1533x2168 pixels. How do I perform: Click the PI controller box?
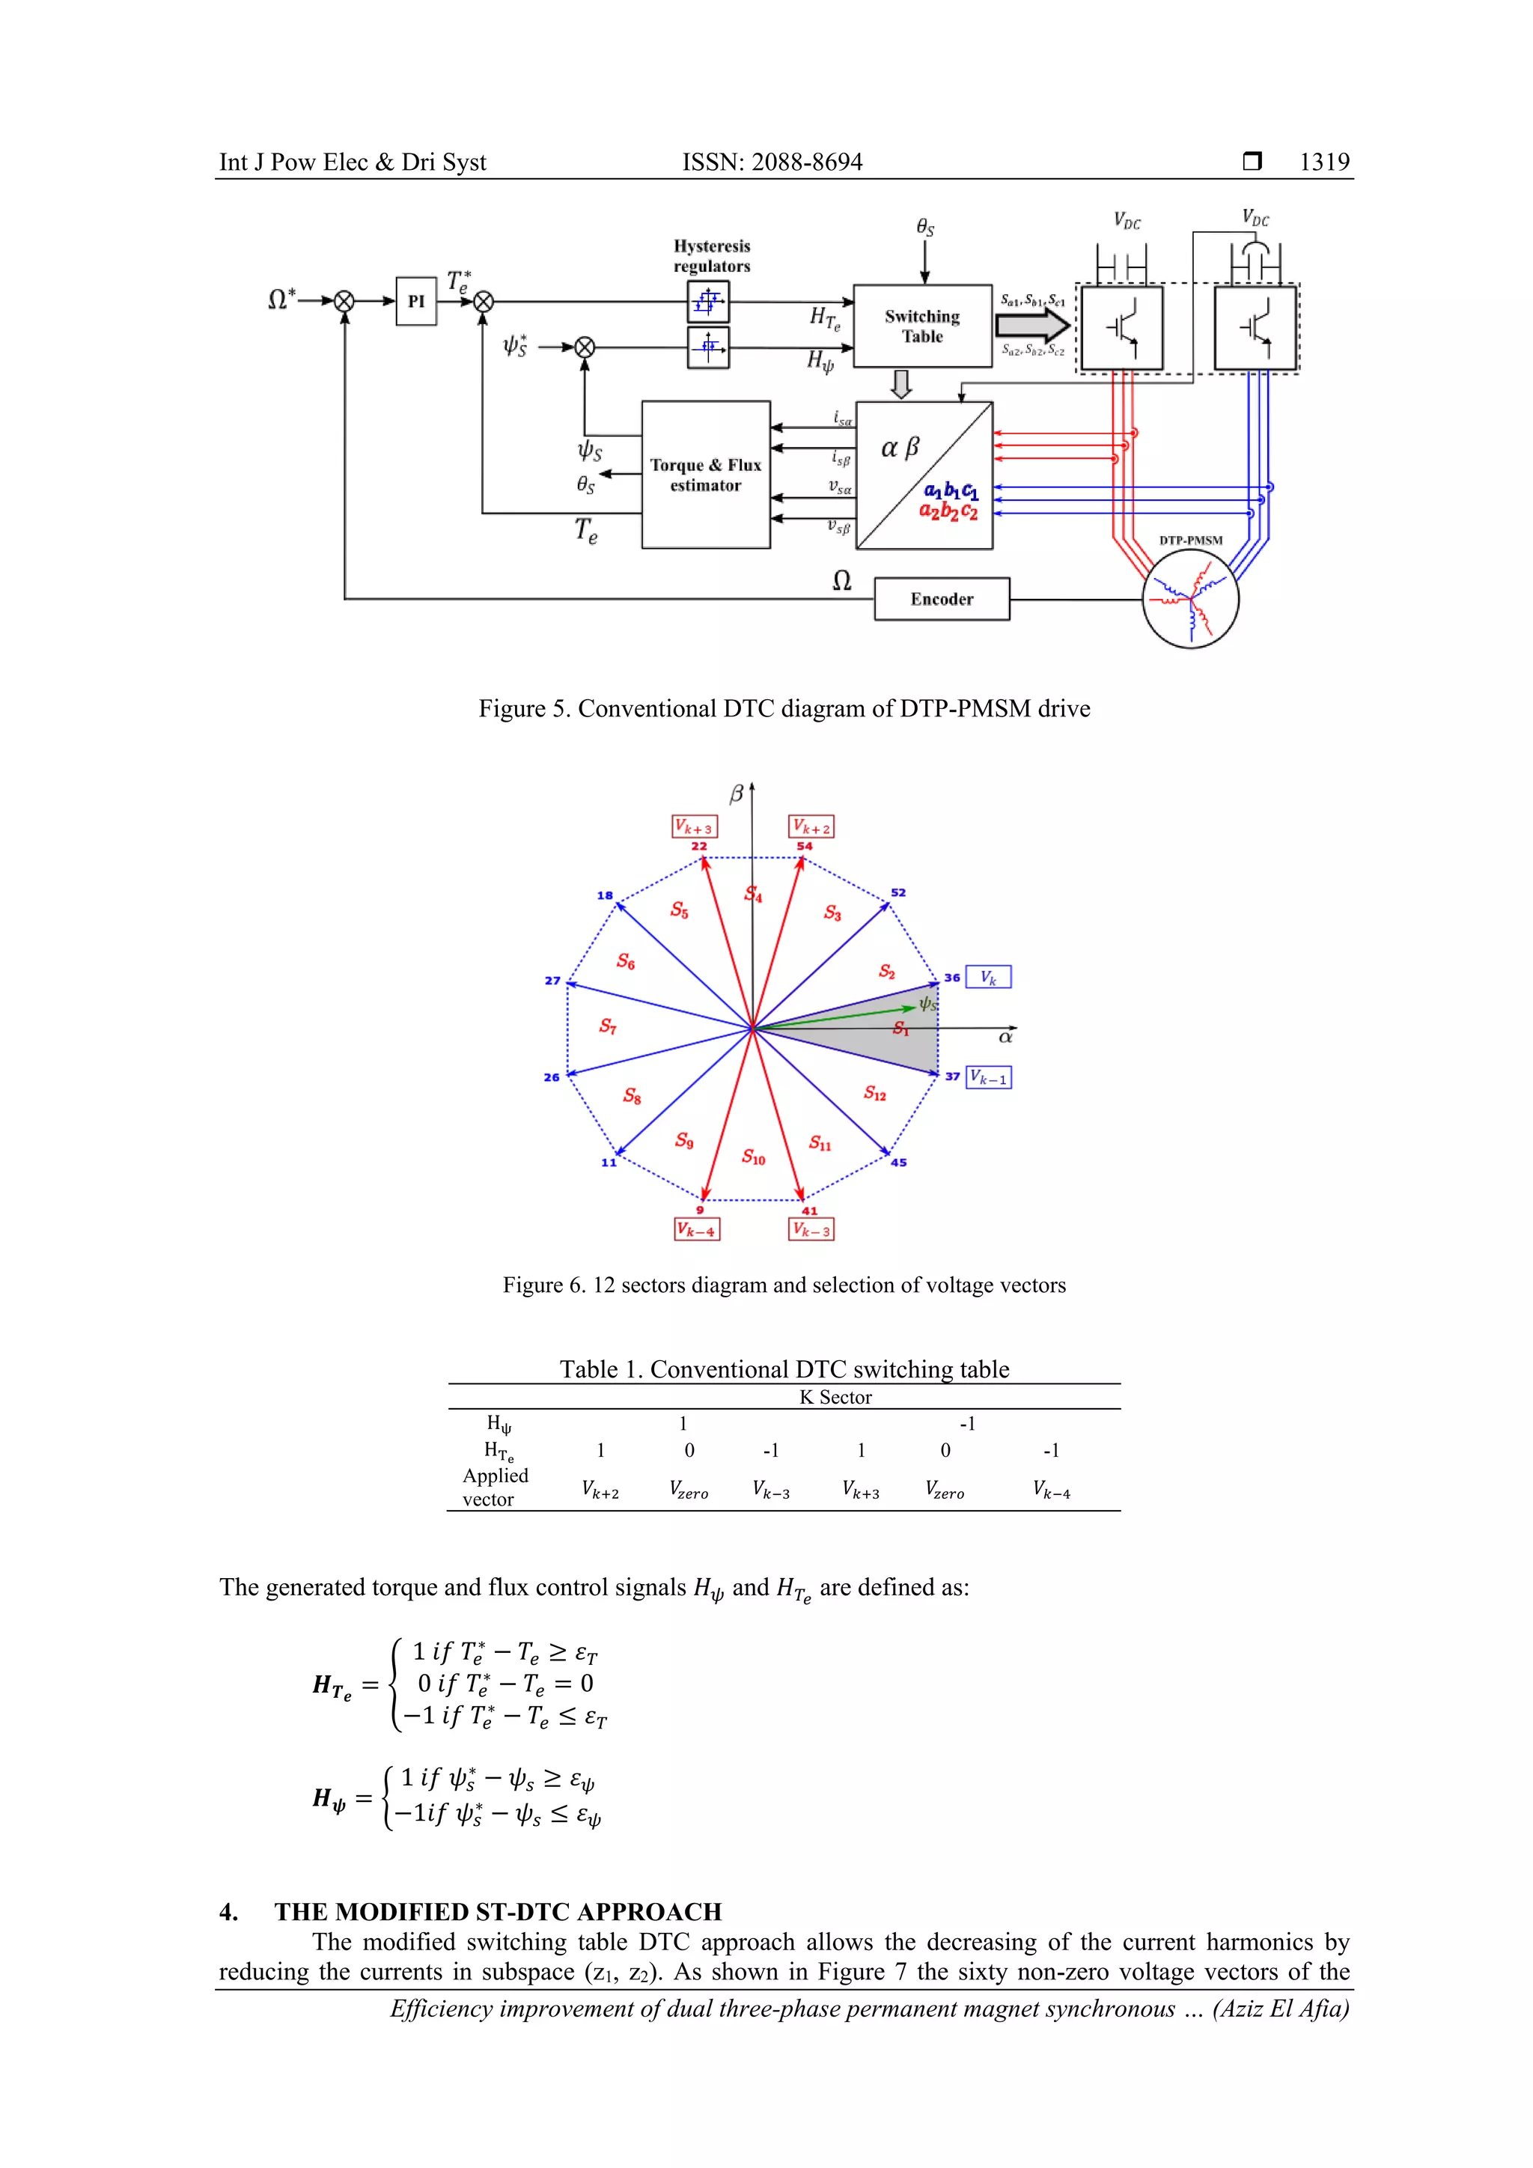tap(415, 301)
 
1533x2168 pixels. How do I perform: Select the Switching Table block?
tap(922, 326)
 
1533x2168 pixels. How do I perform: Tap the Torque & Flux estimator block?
tap(705, 475)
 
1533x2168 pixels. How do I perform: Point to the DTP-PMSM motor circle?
tap(1190, 599)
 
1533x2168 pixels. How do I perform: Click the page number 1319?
tap(1323, 162)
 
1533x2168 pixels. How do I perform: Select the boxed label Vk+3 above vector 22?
tap(694, 827)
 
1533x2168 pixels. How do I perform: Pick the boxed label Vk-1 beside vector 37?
tap(988, 1077)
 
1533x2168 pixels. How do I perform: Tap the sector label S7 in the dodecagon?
tap(608, 1026)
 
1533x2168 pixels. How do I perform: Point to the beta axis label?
tap(737, 795)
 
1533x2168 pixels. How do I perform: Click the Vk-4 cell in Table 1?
tap(1051, 1489)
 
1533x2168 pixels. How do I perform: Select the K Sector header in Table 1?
tap(835, 1398)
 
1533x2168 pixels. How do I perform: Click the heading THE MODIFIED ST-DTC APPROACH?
tap(498, 1911)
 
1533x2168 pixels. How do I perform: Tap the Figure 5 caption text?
tap(784, 709)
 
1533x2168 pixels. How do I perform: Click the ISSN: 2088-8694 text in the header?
tap(772, 162)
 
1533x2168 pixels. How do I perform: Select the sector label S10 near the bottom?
tap(753, 1157)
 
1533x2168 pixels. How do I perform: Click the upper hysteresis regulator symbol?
tap(708, 303)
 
